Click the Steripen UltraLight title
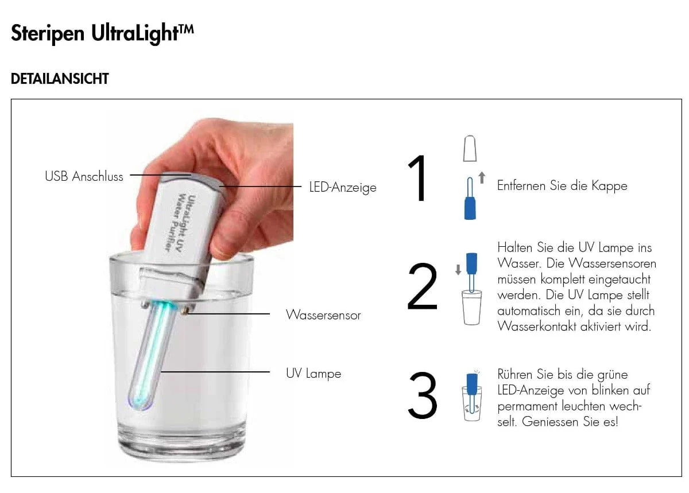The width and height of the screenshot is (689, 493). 102,33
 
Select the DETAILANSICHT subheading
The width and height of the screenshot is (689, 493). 60,79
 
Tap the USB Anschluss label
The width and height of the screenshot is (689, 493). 84,176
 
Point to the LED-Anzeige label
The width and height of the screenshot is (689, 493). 343,187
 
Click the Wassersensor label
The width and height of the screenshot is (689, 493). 323,315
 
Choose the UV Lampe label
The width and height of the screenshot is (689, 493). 313,374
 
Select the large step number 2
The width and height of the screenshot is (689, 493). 422,286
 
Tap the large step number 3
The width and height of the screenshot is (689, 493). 423,395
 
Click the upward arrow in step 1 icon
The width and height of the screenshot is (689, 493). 482,177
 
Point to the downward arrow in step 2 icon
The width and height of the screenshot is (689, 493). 458,269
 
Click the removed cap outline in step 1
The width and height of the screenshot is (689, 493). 470,148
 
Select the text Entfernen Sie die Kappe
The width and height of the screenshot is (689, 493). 562,186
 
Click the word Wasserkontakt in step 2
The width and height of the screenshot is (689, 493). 537,327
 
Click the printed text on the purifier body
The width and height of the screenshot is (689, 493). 181,222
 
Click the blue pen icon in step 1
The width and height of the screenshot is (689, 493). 470,199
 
